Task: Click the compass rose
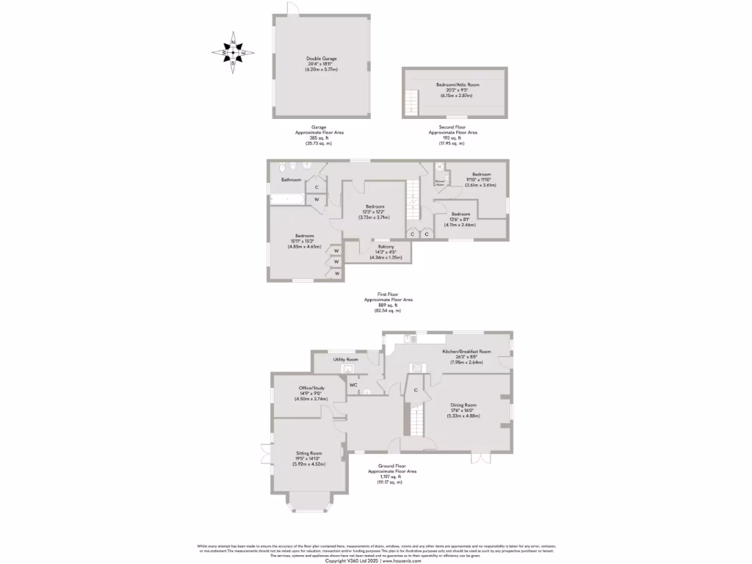click(x=234, y=52)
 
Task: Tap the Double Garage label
click(x=319, y=59)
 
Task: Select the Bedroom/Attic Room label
click(x=454, y=84)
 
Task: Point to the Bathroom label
click(x=291, y=179)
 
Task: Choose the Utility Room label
click(x=345, y=359)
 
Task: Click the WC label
click(x=353, y=385)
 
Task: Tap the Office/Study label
click(x=311, y=388)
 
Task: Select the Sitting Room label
click(x=309, y=453)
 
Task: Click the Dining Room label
click(x=463, y=405)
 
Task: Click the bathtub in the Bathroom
click(x=287, y=199)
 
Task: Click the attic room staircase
click(x=412, y=101)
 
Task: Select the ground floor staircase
click(x=417, y=422)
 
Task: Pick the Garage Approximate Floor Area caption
click(x=319, y=134)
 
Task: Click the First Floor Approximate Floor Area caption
click(x=388, y=301)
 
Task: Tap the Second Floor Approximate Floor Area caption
click(x=453, y=134)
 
